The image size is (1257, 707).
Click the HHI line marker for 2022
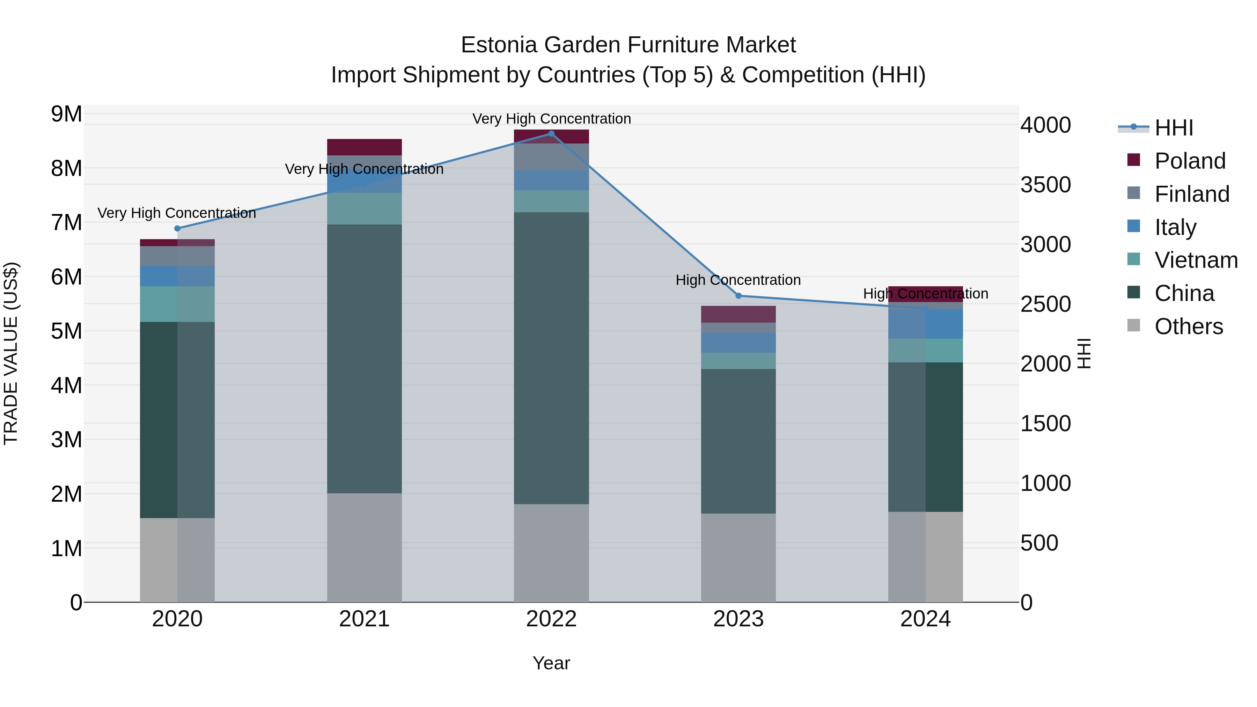[551, 134]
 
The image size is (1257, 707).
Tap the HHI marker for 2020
[177, 228]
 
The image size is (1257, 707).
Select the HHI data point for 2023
[738, 296]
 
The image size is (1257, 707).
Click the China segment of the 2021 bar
[364, 359]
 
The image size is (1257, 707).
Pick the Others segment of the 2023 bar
[738, 557]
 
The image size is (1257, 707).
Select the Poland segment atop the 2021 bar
[364, 147]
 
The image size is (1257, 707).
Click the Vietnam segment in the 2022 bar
[551, 201]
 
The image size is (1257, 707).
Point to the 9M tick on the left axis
[66, 114]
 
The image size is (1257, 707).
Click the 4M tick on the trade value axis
[66, 385]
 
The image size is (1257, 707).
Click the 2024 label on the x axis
[925, 619]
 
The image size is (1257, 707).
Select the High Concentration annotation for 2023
[738, 280]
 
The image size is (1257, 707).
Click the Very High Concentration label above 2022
[551, 119]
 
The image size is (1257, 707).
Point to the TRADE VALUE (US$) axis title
[11, 353]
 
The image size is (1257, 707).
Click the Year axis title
[551, 663]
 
